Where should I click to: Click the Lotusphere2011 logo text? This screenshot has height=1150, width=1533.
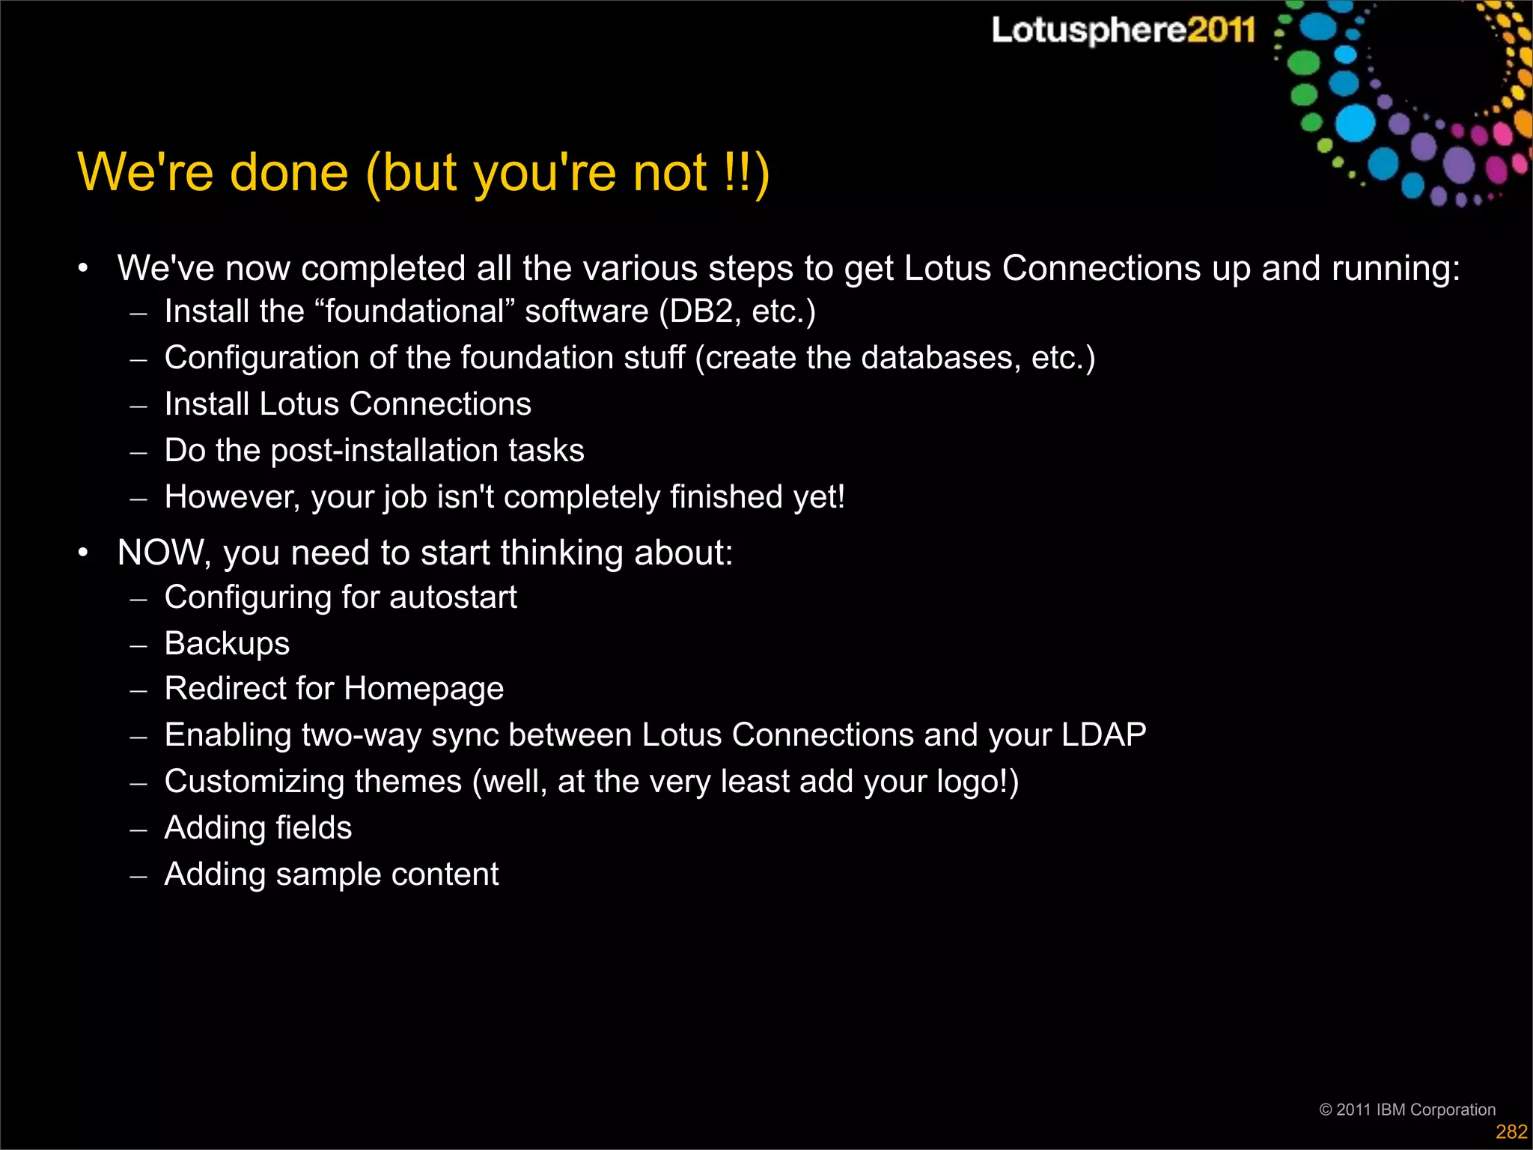tap(1122, 31)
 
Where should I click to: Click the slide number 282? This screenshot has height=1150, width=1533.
tap(1511, 1131)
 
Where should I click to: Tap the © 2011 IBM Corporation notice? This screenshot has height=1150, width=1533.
tap(1406, 1109)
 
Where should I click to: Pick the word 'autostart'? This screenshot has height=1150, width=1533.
tap(453, 597)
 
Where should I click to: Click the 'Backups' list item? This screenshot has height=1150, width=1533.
tap(227, 644)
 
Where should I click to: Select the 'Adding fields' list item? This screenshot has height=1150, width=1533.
tap(257, 828)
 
